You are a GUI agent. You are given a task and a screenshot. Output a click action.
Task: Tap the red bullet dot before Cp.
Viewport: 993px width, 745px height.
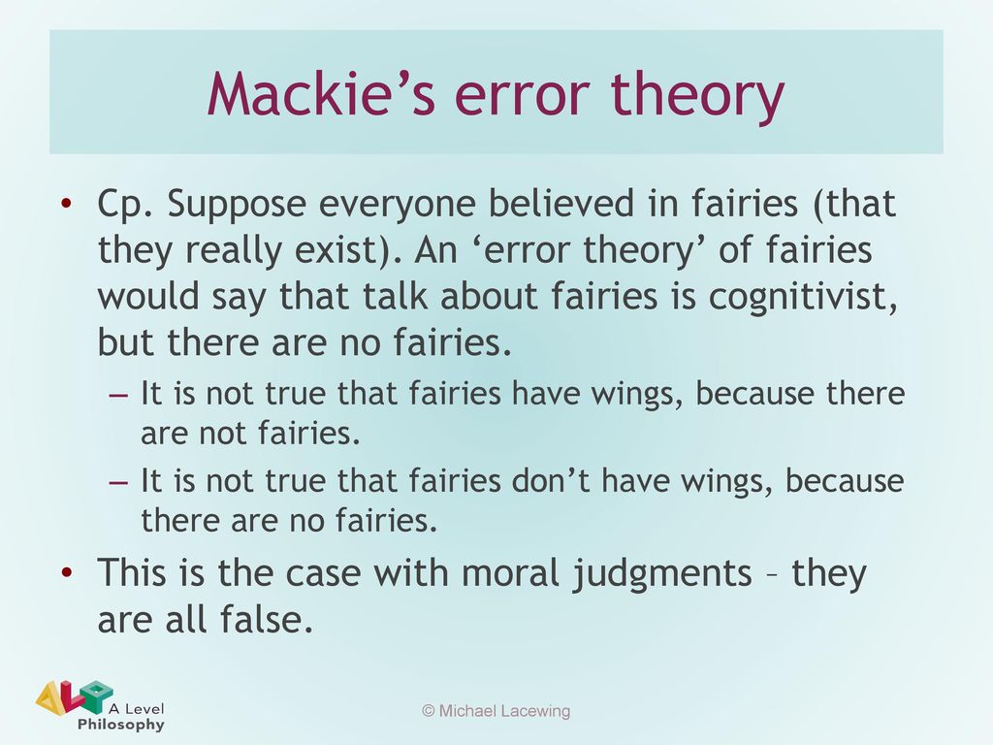point(67,204)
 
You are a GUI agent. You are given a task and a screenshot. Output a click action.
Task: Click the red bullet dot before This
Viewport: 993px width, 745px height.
point(67,572)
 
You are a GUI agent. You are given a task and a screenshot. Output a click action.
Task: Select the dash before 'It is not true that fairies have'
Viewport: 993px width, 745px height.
point(118,395)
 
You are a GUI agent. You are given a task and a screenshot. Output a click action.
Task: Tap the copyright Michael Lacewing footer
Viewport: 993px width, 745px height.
point(496,711)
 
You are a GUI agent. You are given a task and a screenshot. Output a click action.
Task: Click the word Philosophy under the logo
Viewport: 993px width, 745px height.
point(121,724)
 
